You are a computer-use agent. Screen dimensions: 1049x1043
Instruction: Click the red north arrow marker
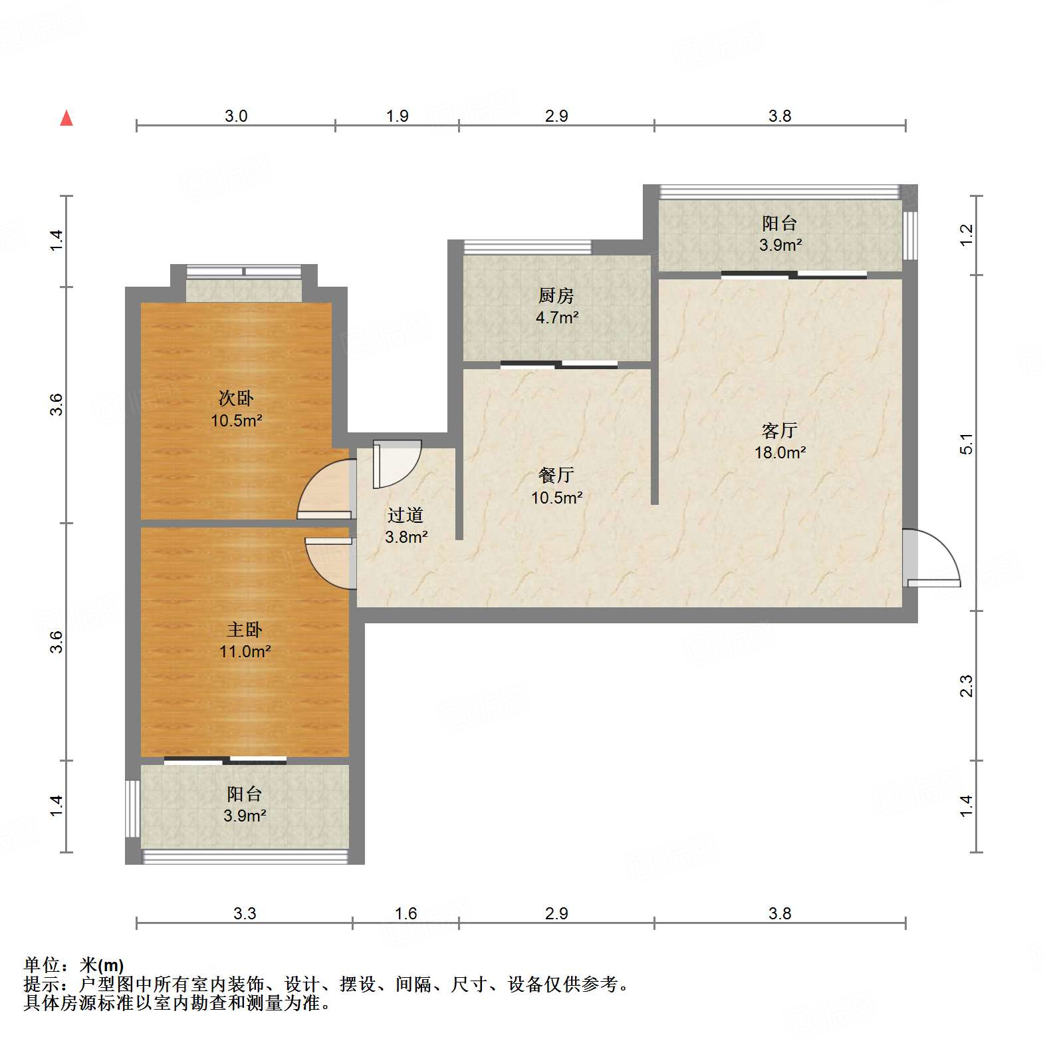coord(66,118)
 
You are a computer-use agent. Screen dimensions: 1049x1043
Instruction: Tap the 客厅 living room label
coord(780,430)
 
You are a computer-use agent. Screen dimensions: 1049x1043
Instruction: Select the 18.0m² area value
coord(780,453)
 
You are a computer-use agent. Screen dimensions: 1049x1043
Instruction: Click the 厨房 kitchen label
coord(556,295)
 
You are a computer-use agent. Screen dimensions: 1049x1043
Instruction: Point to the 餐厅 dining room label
coord(556,475)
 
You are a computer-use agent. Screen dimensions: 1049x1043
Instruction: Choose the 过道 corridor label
coord(406,515)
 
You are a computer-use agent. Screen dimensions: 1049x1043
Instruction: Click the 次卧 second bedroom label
coord(236,398)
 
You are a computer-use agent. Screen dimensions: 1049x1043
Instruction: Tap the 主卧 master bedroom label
coord(245,629)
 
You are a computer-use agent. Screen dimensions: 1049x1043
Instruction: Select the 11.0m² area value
coord(245,651)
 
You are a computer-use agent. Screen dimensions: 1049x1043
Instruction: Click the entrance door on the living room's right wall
coord(931,559)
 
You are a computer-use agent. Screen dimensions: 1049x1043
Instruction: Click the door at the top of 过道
coord(396,464)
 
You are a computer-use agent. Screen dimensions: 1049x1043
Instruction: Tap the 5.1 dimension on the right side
coord(967,443)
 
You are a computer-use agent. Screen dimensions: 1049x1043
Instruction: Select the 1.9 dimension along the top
coord(398,116)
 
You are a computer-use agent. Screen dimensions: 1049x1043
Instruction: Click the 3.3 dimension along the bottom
coord(245,913)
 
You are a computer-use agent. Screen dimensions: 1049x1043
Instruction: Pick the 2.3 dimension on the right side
coord(967,686)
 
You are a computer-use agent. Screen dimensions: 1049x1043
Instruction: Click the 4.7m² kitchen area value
coord(556,317)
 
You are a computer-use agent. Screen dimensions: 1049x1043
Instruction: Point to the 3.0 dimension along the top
coord(236,116)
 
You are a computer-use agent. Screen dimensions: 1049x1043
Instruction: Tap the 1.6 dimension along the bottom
coord(406,913)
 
